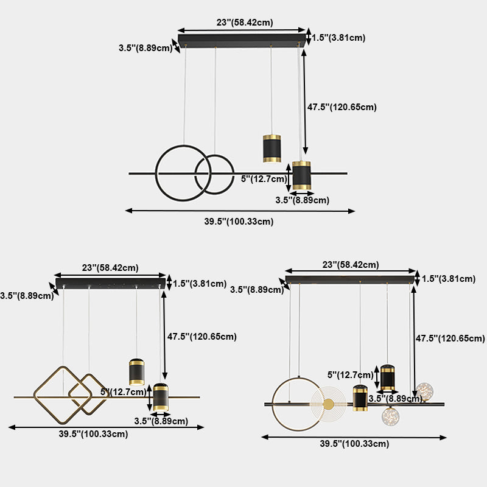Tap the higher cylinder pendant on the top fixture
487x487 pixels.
coord(272,148)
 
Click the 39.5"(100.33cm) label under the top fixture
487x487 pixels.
coord(239,222)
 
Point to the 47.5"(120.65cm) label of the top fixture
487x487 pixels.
coord(342,107)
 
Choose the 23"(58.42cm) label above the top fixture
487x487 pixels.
coord(245,23)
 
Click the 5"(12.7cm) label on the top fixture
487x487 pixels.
coord(264,179)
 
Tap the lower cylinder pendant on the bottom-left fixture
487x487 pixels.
coord(160,397)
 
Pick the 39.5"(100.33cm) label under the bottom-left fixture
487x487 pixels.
coord(94,434)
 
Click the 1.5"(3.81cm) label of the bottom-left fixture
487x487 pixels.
coord(200,283)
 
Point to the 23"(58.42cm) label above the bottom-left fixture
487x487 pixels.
coord(110,267)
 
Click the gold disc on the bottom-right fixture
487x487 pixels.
coord(329,404)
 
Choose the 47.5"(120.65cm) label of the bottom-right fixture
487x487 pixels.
coord(450,338)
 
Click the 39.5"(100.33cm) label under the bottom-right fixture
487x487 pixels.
coord(354,444)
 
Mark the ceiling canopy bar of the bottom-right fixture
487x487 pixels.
coord(350,279)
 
